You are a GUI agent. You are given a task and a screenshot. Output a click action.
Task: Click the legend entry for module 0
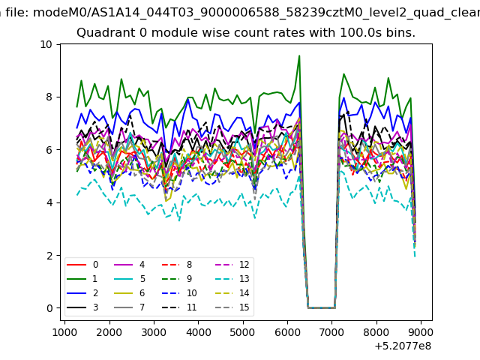point(82,265)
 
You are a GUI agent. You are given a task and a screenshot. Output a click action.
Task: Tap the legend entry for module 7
point(129,307)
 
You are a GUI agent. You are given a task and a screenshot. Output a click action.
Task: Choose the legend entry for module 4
point(129,265)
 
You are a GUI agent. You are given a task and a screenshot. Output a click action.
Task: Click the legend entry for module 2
point(82,293)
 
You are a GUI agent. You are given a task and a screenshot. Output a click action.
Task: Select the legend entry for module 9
point(177,279)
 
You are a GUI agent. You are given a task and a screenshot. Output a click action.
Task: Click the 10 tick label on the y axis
point(46,44)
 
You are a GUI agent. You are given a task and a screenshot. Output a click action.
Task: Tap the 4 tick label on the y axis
point(49,202)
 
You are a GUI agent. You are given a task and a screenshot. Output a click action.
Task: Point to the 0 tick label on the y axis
point(49,308)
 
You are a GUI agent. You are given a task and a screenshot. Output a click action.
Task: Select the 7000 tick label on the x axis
point(331,332)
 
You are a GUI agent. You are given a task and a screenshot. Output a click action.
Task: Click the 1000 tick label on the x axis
point(64,332)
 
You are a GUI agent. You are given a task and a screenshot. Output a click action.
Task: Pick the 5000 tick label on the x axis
point(243,332)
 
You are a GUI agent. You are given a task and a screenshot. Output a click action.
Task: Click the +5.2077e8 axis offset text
point(403,346)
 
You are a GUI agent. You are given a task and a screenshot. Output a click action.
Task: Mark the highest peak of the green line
point(299,55)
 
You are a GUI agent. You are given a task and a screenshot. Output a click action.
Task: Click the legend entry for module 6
point(129,293)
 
